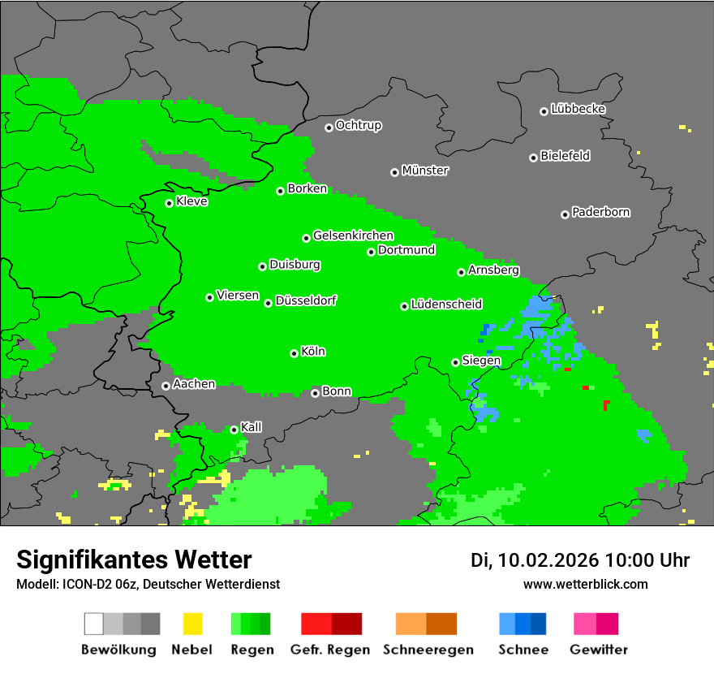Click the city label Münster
pyautogui.click(x=425, y=171)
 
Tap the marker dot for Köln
pyautogui.click(x=294, y=353)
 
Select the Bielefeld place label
pyautogui.click(x=566, y=156)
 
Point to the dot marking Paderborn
pyautogui.click(x=565, y=214)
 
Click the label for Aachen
pyautogui.click(x=194, y=384)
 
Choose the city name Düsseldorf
pyautogui.click(x=306, y=300)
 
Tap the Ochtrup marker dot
pyautogui.click(x=329, y=127)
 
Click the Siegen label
pyautogui.click(x=481, y=361)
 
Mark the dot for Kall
pyautogui.click(x=234, y=429)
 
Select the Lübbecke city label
pyautogui.click(x=578, y=109)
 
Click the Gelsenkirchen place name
pyautogui.click(x=353, y=235)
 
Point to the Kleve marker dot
pyautogui.click(x=169, y=203)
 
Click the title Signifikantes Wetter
pyautogui.click(x=134, y=560)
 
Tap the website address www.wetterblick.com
pyautogui.click(x=585, y=584)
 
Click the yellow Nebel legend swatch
pyautogui.click(x=192, y=624)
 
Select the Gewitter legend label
pyautogui.click(x=599, y=650)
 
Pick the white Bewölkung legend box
pyautogui.click(x=94, y=624)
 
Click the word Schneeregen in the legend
pyautogui.click(x=427, y=650)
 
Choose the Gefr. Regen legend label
pyautogui.click(x=330, y=650)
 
